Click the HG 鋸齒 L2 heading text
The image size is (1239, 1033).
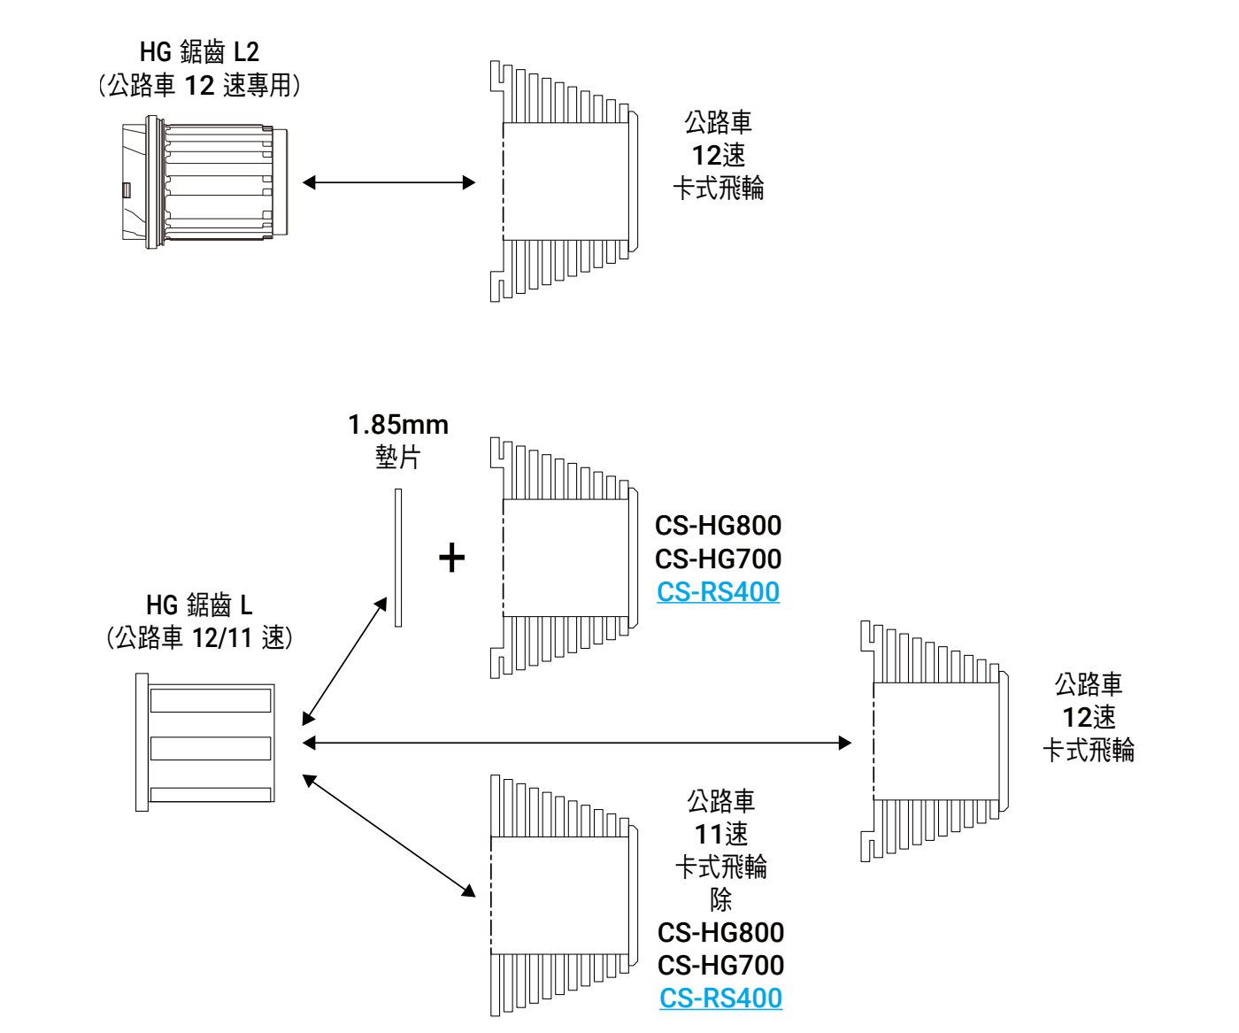pos(199,52)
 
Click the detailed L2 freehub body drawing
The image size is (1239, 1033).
pos(204,182)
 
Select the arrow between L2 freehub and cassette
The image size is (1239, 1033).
pos(389,183)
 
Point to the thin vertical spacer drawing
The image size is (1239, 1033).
pos(398,558)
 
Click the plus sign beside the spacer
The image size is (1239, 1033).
pos(451,558)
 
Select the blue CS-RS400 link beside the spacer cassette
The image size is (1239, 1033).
pos(718,592)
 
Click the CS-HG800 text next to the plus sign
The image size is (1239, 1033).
pos(718,526)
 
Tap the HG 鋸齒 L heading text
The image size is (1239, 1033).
pos(199,605)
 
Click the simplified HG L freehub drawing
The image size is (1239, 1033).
pos(205,742)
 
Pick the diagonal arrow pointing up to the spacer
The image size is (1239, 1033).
pos(345,660)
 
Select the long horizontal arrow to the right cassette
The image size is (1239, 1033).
pos(576,743)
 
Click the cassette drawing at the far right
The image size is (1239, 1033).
pos(935,741)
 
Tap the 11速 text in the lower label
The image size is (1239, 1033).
pos(720,834)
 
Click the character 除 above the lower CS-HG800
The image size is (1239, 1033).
pos(720,899)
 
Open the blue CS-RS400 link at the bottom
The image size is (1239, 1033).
pos(720,998)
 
